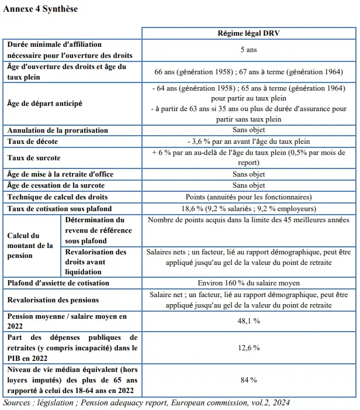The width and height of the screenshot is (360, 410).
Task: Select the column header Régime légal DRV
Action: pyautogui.click(x=248, y=34)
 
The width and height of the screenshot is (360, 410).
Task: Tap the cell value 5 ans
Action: pyautogui.click(x=248, y=50)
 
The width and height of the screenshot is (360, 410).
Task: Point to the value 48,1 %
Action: pyautogui.click(x=248, y=321)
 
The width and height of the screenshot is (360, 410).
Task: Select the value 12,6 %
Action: pyautogui.click(x=248, y=347)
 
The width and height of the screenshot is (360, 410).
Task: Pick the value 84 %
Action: pyautogui.click(x=248, y=380)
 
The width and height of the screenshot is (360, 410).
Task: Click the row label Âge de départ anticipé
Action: pyautogui.click(x=44, y=103)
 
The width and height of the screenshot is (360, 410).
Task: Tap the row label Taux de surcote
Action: pyautogui.click(x=33, y=158)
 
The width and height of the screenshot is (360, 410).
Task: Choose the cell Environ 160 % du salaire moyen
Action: pyautogui.click(x=248, y=283)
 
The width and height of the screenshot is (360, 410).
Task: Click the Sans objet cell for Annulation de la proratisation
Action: pyautogui.click(x=248, y=130)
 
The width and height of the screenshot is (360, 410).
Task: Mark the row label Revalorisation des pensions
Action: pyautogui.click(x=53, y=299)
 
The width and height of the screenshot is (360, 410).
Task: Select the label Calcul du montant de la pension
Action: pyautogui.click(x=30, y=245)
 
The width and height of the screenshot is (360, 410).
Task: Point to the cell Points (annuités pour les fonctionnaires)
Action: pyautogui.click(x=248, y=197)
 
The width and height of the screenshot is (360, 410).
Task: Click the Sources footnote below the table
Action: pyautogui.click(x=146, y=403)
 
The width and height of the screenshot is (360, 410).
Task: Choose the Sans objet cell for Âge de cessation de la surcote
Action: pyautogui.click(x=248, y=185)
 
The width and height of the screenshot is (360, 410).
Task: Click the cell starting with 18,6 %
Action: pyautogui.click(x=248, y=208)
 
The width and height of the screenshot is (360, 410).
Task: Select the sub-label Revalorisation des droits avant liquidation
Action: pyautogui.click(x=96, y=261)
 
